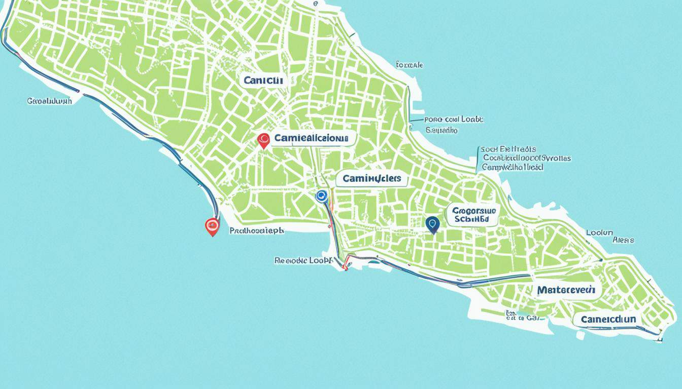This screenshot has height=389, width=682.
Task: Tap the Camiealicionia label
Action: [311, 138]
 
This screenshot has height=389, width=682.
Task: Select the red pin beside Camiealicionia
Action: [263, 140]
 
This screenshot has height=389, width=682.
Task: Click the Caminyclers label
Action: [371, 178]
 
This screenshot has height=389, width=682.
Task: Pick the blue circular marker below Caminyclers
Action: [321, 196]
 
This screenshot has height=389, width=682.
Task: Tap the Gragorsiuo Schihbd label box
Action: [472, 215]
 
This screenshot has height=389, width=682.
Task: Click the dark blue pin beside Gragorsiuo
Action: [432, 223]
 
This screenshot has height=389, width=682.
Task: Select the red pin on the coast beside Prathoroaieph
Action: [212, 225]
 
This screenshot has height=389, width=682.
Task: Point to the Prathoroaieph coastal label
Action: [257, 230]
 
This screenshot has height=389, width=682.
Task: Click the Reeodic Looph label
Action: [302, 260]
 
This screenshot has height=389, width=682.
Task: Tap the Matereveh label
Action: [567, 290]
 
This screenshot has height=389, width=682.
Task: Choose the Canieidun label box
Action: [607, 320]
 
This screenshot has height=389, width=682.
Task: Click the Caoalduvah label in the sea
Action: [49, 101]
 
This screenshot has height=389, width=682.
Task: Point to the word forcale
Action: [409, 65]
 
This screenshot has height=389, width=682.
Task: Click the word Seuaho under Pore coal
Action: [441, 130]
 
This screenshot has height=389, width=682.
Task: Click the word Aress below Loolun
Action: [623, 240]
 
